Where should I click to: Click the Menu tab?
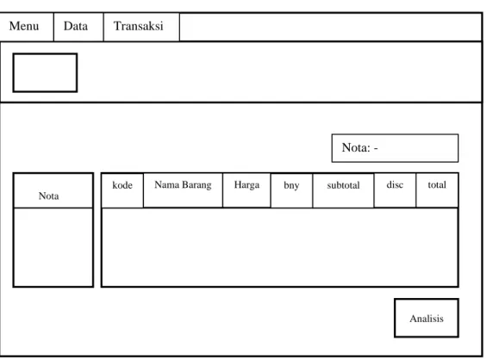coord(27,27)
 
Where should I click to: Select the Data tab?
coord(78,27)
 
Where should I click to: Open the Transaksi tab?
coord(141,27)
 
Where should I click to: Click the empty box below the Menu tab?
coord(45,73)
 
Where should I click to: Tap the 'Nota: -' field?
coord(395,148)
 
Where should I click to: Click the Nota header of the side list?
coord(53,191)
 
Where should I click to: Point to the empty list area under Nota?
coord(53,247)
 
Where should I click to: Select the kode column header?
coord(122,190)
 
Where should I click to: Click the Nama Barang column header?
coord(183,190)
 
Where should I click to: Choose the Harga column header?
coord(247,190)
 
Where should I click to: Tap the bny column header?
coord(292,190)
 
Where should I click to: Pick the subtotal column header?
coord(343,190)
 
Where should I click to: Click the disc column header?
coord(395,190)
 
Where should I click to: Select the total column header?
coord(437,190)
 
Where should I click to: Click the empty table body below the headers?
coord(280,247)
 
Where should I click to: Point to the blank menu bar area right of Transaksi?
coord(331,27)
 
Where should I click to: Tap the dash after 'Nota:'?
coord(376,148)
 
